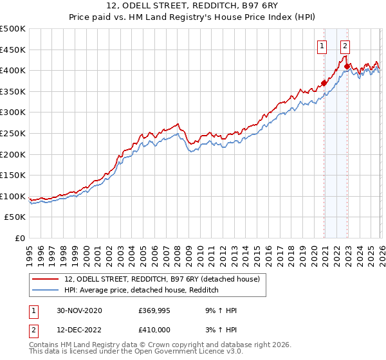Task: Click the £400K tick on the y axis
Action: click(x=13, y=70)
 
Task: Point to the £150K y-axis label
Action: click(x=13, y=175)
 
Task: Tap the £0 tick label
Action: click(x=21, y=238)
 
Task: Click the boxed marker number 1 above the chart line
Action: click(x=322, y=46)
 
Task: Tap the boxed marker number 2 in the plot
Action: click(x=345, y=46)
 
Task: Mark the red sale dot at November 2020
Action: click(x=324, y=82)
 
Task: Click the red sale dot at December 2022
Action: click(x=347, y=66)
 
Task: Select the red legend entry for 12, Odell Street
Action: click(x=161, y=279)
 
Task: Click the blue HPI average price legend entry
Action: click(x=142, y=291)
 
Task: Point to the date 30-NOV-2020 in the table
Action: click(x=79, y=310)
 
